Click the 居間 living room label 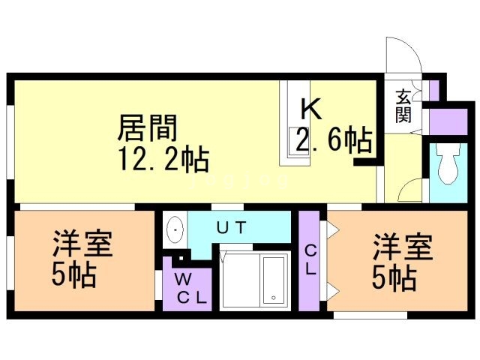pyautogui.click(x=147, y=128)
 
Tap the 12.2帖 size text pyautogui.click(x=164, y=159)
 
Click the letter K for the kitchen pyautogui.click(x=311, y=109)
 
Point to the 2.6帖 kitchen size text pyautogui.click(x=334, y=140)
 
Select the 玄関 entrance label pyautogui.click(x=403, y=106)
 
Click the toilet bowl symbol pyautogui.click(x=448, y=164)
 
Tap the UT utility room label pyautogui.click(x=231, y=227)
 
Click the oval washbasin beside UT pyautogui.click(x=175, y=229)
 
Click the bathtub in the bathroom pyautogui.click(x=274, y=280)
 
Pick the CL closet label pyautogui.click(x=310, y=260)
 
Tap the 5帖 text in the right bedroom pyautogui.click(x=394, y=278)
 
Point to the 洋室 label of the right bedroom pyautogui.click(x=403, y=247)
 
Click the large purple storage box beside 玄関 pyautogui.click(x=448, y=121)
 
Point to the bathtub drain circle pyautogui.click(x=274, y=298)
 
